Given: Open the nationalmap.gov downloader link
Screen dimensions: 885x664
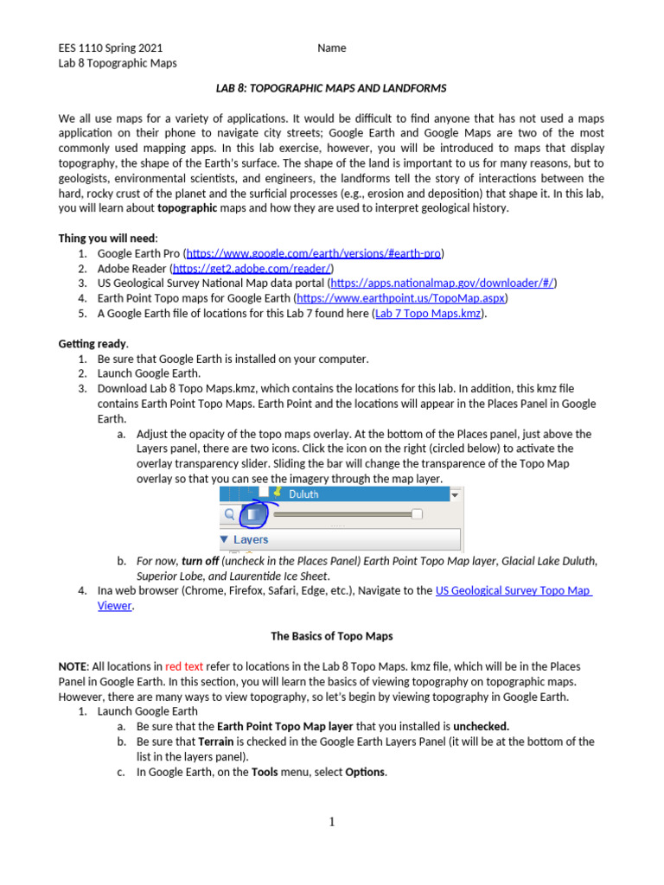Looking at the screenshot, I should pos(443,283).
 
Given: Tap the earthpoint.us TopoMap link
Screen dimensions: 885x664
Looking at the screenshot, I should pos(402,298).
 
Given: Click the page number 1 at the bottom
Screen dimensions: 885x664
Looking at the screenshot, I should pos(332,822).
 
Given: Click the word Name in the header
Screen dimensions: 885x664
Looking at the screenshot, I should pos(331,48).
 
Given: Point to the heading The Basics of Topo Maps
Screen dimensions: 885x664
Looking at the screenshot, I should pos(332,636).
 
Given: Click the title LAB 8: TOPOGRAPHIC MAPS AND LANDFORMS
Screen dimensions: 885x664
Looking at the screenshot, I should pos(331,89).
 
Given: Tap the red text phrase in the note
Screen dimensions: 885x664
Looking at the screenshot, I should pos(184,666).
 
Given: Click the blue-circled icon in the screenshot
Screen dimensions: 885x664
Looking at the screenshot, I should pos(254,515).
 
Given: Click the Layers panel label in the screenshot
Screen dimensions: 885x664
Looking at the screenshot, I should pos(251,539).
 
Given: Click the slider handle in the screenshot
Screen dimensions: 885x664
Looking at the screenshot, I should pos(417,515).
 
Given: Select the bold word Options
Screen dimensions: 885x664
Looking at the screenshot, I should pos(366,772).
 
